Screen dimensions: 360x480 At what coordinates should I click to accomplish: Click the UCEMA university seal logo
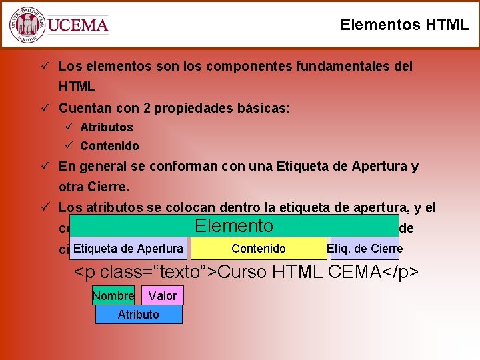click(x=27, y=25)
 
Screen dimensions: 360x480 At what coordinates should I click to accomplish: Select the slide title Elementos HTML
click(x=404, y=25)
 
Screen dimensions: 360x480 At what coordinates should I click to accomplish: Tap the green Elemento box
click(x=233, y=226)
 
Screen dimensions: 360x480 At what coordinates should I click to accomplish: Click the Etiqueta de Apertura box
click(x=129, y=249)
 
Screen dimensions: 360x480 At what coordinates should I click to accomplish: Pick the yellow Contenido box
click(x=259, y=249)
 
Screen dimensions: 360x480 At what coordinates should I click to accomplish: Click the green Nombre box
click(x=113, y=295)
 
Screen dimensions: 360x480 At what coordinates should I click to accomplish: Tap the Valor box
click(x=163, y=295)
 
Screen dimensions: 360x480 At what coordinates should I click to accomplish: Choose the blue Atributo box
click(x=139, y=314)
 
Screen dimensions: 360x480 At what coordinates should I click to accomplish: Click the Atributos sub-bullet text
click(x=107, y=127)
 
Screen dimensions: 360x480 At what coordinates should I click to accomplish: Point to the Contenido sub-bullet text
click(x=109, y=145)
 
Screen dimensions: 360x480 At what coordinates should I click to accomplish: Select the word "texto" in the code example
click(x=183, y=273)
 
